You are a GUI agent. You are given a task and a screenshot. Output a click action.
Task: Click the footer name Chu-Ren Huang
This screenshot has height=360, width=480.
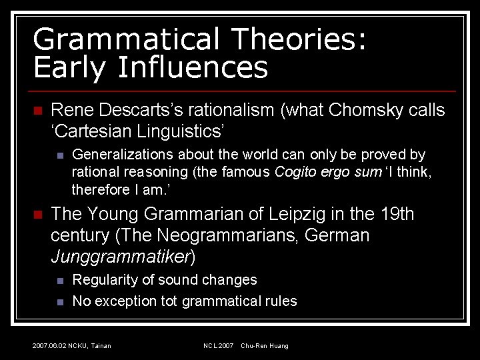click(x=265, y=346)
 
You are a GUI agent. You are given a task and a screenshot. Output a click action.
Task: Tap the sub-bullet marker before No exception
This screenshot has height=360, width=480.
click(x=59, y=302)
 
